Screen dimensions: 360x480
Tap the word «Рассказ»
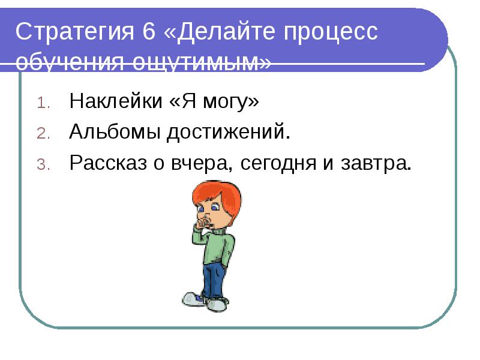(x=106, y=163)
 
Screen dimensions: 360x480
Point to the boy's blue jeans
(x=212, y=279)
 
